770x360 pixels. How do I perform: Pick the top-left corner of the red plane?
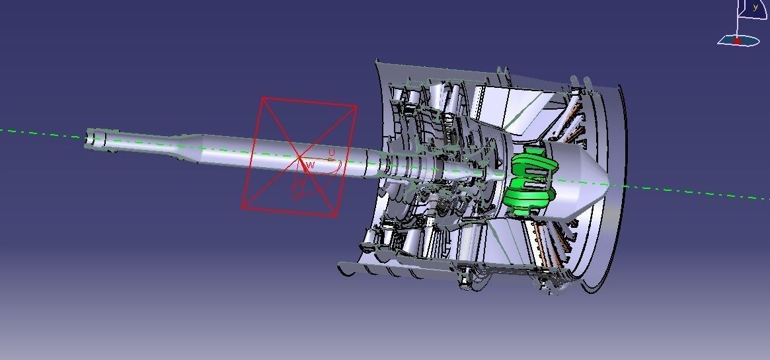pos(263,99)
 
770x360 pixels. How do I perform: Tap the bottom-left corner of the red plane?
pos(243,207)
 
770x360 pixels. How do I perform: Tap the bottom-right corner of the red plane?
pos(336,215)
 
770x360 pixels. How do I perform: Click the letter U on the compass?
pos(332,153)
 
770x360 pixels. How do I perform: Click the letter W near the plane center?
pos(310,164)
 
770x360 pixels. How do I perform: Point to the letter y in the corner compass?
pos(755,8)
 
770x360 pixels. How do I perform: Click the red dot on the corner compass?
pos(737,40)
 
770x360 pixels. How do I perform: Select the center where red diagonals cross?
pos(300,157)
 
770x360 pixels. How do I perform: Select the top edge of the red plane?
pos(309,102)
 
